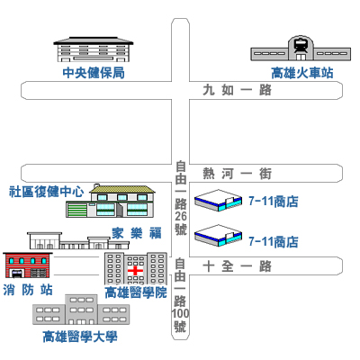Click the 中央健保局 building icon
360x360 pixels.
(94, 49)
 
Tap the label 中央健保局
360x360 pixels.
(94, 73)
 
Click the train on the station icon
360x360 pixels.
(301, 46)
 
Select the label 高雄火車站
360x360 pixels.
(302, 73)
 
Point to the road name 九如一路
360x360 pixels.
(237, 90)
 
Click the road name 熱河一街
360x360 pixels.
(237, 174)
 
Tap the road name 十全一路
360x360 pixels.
(237, 266)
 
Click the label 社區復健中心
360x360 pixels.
(47, 192)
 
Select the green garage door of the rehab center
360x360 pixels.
(76, 210)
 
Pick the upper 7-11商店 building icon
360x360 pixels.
(218, 201)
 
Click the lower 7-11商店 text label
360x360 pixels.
(274, 242)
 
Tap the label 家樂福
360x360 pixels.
(137, 233)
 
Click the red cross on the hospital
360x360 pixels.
(136, 271)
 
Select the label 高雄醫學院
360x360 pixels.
(136, 292)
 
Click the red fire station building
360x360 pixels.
(28, 265)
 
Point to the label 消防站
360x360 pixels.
(28, 290)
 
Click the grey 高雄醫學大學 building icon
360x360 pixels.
(81, 310)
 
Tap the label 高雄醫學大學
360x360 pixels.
(80, 337)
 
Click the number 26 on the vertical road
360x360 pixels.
(181, 216)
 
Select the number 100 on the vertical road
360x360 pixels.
(180, 314)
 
